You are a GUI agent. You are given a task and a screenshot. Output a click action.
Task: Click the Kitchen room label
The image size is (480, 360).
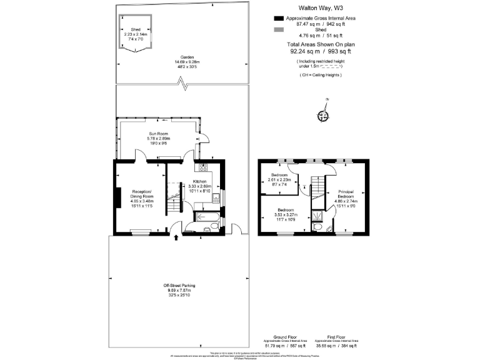coord(201,181)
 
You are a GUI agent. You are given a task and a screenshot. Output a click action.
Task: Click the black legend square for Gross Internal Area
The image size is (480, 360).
coord(279,19)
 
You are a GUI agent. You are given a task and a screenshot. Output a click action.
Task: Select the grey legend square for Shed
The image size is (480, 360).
coord(279,29)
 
